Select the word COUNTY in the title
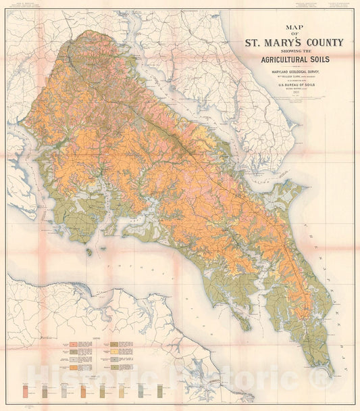(319, 43)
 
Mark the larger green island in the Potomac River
(89, 251)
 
